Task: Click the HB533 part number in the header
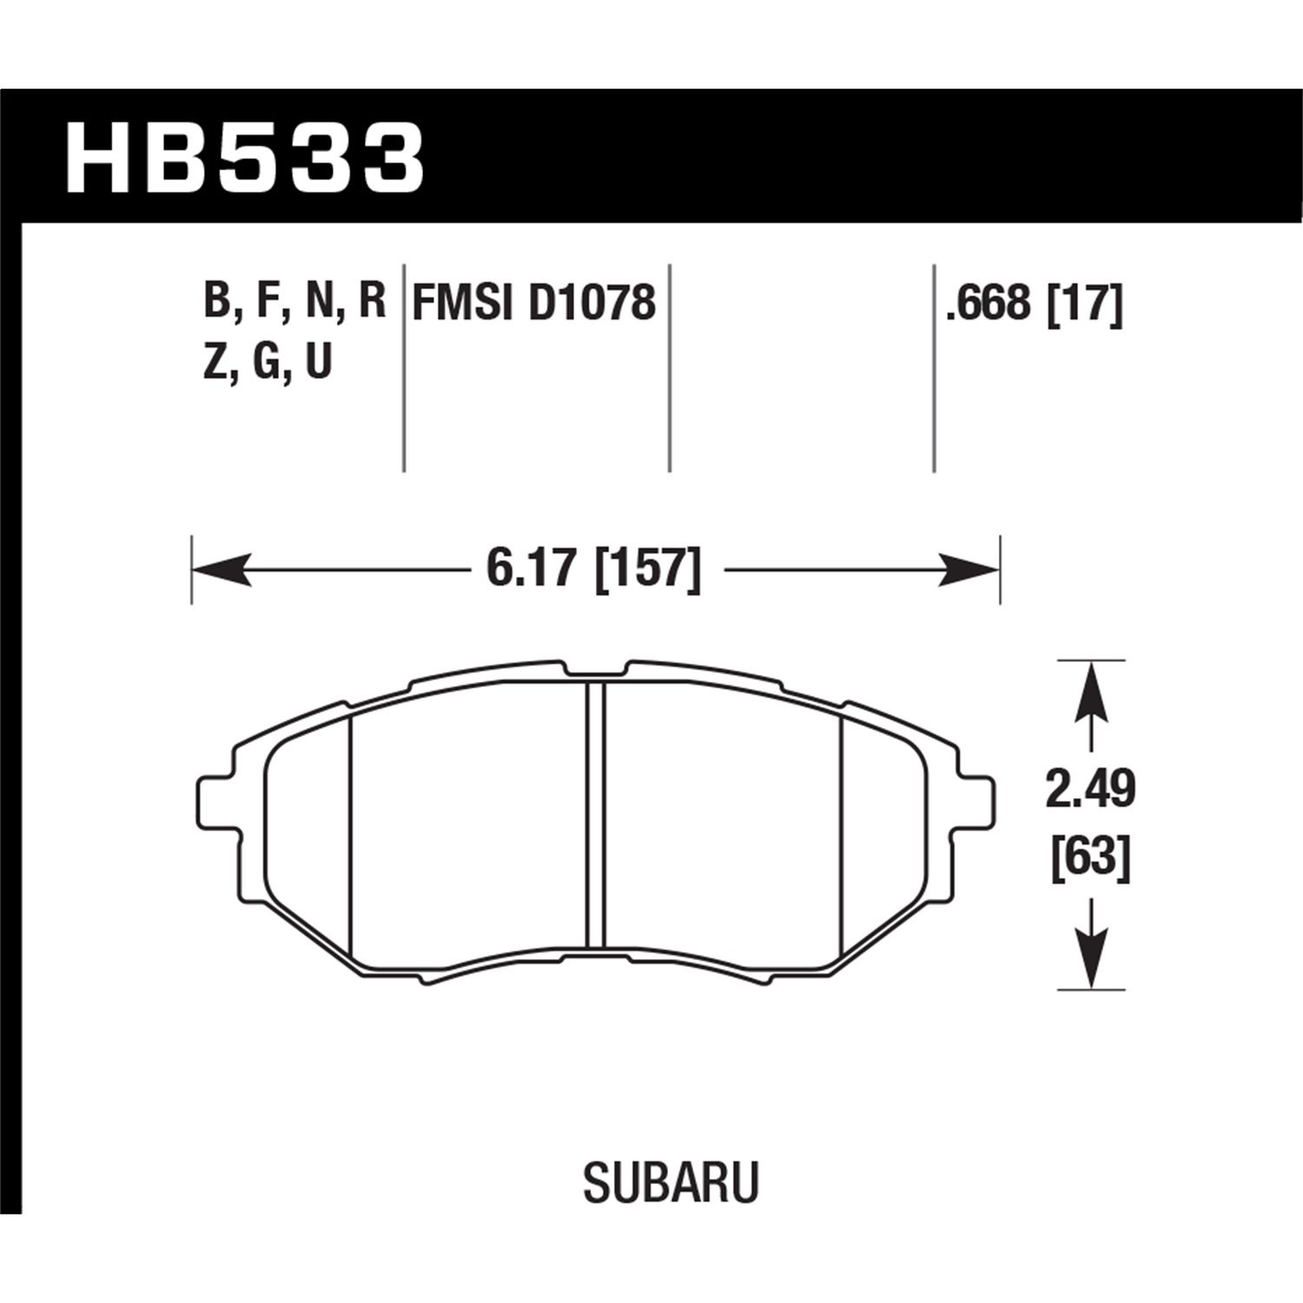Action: point(245,158)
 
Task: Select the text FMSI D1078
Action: point(533,303)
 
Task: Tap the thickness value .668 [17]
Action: point(1035,303)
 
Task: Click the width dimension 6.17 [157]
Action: point(593,570)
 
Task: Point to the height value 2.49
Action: point(1090,790)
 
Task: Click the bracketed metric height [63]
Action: point(1090,859)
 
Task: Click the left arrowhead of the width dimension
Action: point(217,571)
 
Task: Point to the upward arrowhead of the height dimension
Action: point(1091,691)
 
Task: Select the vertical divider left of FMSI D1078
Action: point(404,365)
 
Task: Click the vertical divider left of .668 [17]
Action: point(933,365)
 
